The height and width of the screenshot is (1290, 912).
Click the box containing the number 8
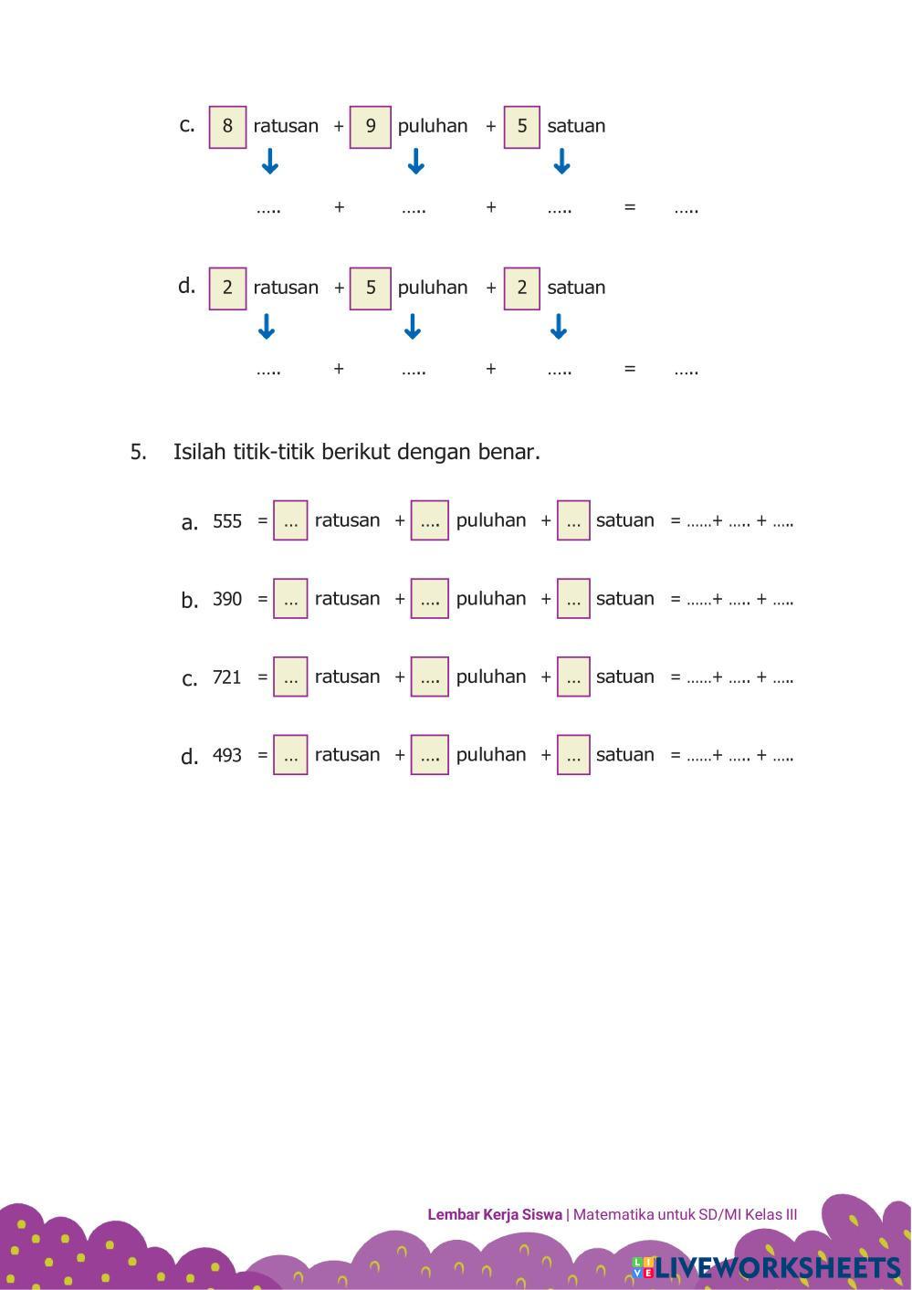pos(227,127)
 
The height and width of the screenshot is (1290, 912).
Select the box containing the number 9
pos(370,127)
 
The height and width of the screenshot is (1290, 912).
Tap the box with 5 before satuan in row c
pos(521,127)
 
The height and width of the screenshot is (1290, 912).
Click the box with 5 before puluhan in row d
pos(370,288)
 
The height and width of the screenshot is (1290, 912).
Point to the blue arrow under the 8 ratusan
pos(269,163)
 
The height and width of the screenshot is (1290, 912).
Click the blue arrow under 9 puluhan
pos(415,163)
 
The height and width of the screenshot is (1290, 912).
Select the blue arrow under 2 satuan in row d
pos(560,326)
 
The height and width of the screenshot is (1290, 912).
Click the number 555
pos(227,521)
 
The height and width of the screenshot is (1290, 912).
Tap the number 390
pos(227,599)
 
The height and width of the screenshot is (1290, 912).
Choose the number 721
pos(227,677)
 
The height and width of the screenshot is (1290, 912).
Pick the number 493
pos(227,756)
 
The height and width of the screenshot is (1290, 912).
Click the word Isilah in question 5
pos(199,452)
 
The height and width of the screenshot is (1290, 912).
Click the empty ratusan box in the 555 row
pos(290,520)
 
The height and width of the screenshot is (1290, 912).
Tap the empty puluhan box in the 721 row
pos(429,677)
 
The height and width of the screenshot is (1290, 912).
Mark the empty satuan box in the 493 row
pos(573,755)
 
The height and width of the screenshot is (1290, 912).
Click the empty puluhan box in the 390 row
pos(429,599)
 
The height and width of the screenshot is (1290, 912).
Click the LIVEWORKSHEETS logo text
pos(777,1267)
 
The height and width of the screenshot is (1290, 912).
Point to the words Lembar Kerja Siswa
pos(494,1214)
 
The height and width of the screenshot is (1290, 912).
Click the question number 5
pos(138,452)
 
